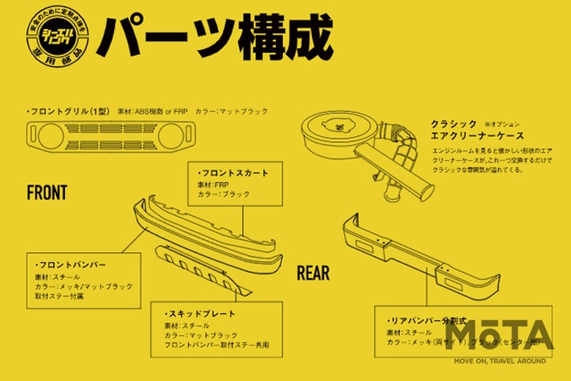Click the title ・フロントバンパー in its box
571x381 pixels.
(72, 264)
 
